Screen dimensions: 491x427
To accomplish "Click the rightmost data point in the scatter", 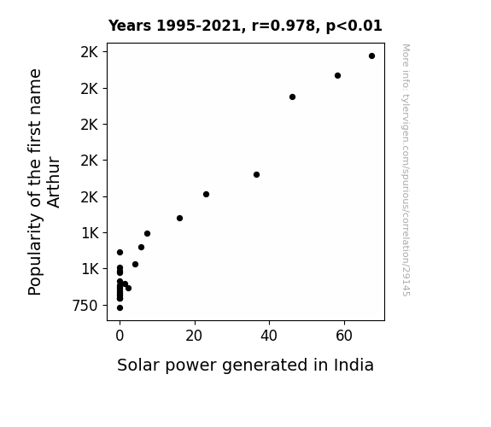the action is pos(371,56).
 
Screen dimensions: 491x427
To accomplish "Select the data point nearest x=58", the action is pos(337,75).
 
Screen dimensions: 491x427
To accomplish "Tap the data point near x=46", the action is pos(293,97).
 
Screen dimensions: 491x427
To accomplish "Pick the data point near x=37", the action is pos(256,175).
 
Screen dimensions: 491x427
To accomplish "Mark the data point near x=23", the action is pos(206,194).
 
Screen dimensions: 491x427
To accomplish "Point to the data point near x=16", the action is pos(179,218).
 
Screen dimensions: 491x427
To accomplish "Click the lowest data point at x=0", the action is pos(120,308).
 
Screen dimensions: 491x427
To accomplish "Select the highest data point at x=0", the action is pos(120,252).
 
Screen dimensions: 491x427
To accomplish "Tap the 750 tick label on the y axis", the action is pos(85,306).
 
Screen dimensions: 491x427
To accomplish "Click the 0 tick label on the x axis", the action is pos(120,336).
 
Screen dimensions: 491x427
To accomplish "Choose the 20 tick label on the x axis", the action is pos(194,336).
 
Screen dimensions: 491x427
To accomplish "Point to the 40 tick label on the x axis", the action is pos(269,336).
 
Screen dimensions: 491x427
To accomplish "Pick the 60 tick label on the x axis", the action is pos(344,336).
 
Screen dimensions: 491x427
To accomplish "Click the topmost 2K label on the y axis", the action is pos(90,52).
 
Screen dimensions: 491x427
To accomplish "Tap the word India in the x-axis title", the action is pos(354,365).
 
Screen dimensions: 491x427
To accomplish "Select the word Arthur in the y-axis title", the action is pos(54,182).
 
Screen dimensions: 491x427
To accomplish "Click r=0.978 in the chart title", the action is pos(283,26).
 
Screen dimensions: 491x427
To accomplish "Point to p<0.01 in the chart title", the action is pos(354,26).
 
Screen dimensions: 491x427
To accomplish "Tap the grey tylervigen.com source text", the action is pos(406,170).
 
